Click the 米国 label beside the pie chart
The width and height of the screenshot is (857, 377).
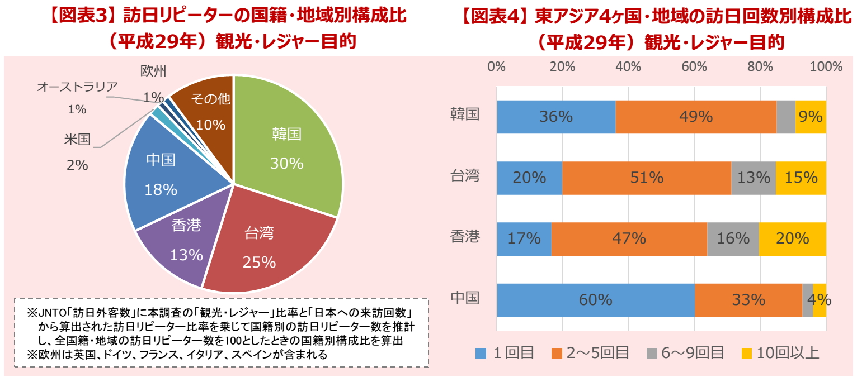[x=77, y=139]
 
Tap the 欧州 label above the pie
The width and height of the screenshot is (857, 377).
[x=153, y=71]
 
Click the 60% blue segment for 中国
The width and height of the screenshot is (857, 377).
[x=595, y=300]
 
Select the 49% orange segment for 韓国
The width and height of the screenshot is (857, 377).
[x=695, y=117]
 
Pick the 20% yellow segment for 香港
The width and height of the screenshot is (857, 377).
[x=792, y=238]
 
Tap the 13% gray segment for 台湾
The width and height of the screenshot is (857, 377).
[x=753, y=178]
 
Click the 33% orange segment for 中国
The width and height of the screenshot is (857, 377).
[x=748, y=300]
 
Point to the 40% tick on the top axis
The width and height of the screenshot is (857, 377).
[x=628, y=67]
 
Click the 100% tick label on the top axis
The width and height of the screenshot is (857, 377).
[x=826, y=67]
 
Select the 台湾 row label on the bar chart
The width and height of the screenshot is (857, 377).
[x=465, y=176]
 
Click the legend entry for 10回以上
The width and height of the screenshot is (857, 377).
[x=780, y=352]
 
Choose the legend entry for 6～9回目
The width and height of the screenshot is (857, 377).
[x=685, y=352]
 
